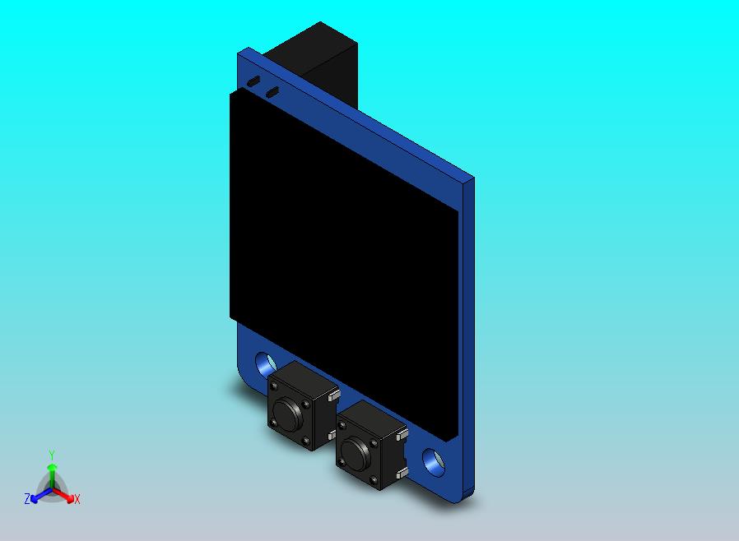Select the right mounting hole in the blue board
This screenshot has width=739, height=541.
(433, 460)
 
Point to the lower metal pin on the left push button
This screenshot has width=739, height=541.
(332, 434)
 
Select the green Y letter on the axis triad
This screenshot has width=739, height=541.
(51, 455)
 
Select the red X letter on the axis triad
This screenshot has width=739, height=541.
(77, 499)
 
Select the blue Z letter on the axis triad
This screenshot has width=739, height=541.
(27, 498)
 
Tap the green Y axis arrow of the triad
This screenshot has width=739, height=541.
(51, 473)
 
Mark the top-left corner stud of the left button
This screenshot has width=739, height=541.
(274, 386)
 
